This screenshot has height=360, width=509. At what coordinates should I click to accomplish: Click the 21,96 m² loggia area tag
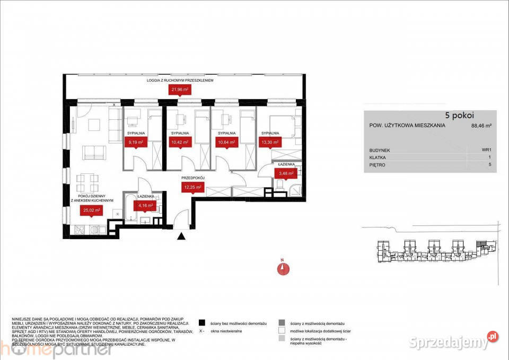[179, 90]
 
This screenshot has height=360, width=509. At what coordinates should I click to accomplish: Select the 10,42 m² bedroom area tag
[179, 142]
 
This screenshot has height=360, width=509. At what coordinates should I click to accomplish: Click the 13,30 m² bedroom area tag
[270, 142]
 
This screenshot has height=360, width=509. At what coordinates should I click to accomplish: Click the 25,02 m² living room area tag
[90, 210]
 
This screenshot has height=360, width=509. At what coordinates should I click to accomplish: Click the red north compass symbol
[284, 268]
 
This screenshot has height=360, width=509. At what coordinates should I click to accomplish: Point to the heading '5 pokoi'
[459, 115]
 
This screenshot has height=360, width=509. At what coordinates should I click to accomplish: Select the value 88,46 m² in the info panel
[481, 126]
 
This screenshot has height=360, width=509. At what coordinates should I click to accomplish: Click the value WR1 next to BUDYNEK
[486, 151]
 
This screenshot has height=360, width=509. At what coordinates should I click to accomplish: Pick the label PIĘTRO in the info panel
[377, 165]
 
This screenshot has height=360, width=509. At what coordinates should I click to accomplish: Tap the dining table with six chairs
[88, 183]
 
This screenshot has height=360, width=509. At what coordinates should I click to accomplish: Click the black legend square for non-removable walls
[201, 322]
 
